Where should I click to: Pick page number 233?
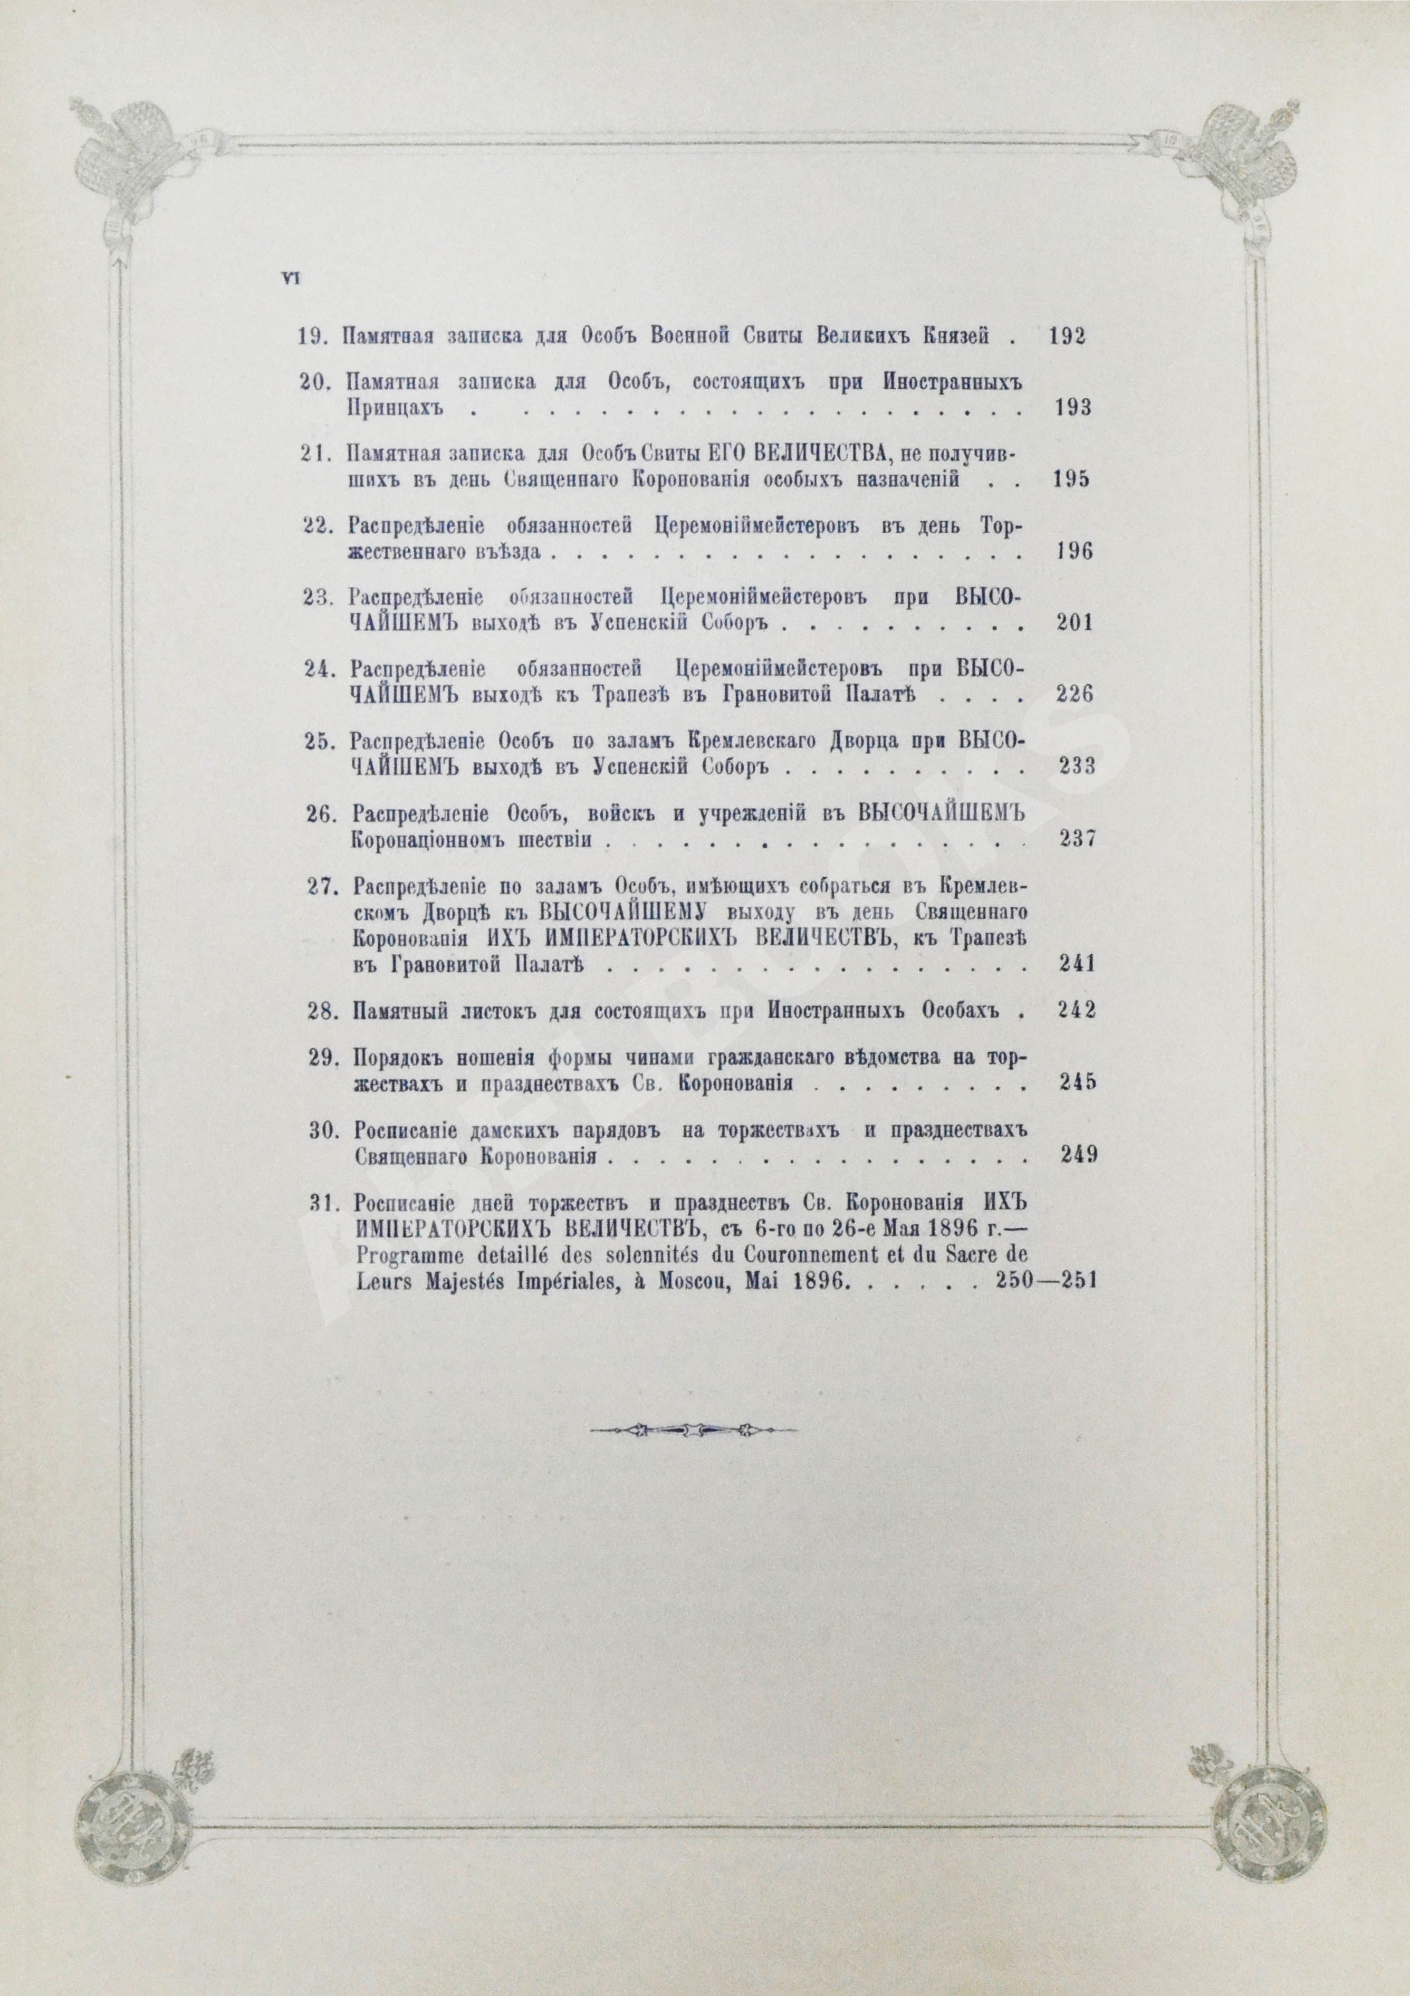(1075, 767)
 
